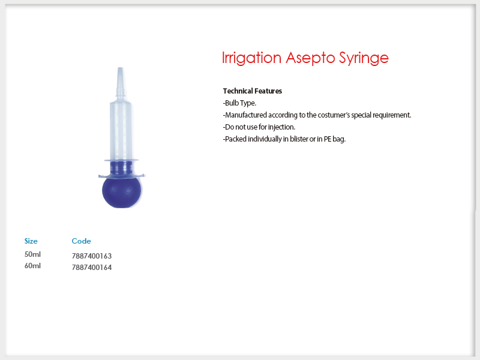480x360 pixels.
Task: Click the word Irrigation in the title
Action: pyautogui.click(x=251, y=58)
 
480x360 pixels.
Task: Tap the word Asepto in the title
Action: pyautogui.click(x=310, y=58)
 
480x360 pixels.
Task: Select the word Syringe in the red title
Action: pyautogui.click(x=364, y=58)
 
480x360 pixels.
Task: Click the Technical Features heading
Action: pyautogui.click(x=253, y=91)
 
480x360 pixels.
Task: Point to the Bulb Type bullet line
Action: pyautogui.click(x=239, y=103)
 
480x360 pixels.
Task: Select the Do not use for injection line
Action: pyautogui.click(x=259, y=127)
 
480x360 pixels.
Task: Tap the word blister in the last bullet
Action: pyautogui.click(x=299, y=139)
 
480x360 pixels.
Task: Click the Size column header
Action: pyautogui.click(x=31, y=241)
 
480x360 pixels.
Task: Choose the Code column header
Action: pyautogui.click(x=82, y=241)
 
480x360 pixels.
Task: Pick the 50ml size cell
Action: pyautogui.click(x=32, y=254)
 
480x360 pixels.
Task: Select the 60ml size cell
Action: pyautogui.click(x=32, y=266)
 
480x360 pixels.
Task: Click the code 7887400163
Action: pyautogui.click(x=92, y=256)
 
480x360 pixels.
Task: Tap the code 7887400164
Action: pyautogui.click(x=92, y=268)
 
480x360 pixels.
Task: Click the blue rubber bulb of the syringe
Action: pyautogui.click(x=122, y=192)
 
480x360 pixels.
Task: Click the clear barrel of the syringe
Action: pyautogui.click(x=121, y=130)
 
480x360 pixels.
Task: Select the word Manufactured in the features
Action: pyautogui.click(x=246, y=115)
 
